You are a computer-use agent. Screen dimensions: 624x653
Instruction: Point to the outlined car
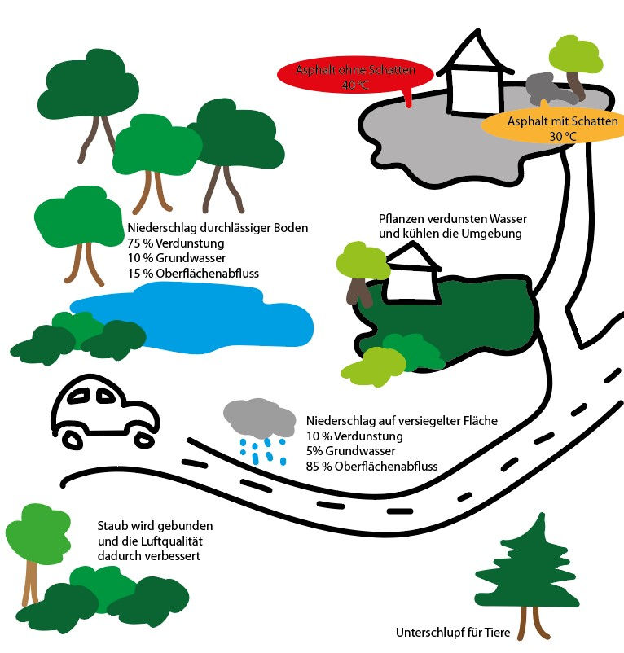(103, 411)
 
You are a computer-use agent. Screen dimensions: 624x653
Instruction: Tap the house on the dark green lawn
(413, 277)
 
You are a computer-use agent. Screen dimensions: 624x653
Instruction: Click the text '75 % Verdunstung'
(175, 243)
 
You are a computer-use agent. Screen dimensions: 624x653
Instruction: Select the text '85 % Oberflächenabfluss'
(372, 466)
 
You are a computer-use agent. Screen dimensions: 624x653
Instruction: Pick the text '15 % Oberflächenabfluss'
(193, 273)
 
